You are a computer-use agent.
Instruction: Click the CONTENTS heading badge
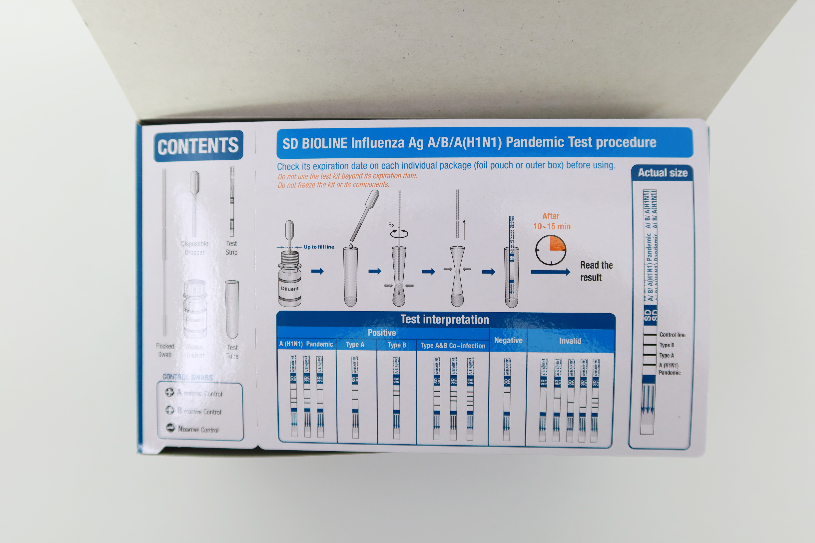coord(198,146)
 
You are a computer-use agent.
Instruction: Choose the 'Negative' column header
coord(508,340)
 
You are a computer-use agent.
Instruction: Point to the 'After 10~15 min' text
coord(551,221)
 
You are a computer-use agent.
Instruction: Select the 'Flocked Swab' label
coord(165,350)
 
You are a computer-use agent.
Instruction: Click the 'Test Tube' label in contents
coord(232,351)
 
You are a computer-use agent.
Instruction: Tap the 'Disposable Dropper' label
coord(194,248)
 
